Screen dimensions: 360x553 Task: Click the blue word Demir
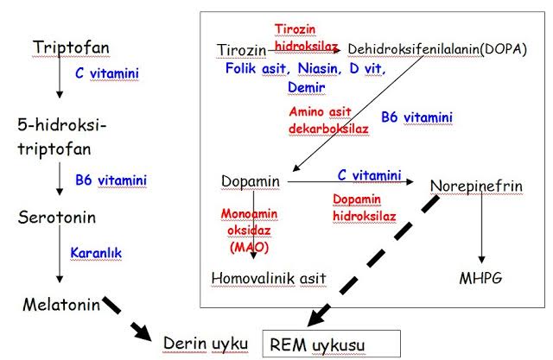tap(307, 87)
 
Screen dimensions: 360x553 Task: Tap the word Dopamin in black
tap(251, 183)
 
